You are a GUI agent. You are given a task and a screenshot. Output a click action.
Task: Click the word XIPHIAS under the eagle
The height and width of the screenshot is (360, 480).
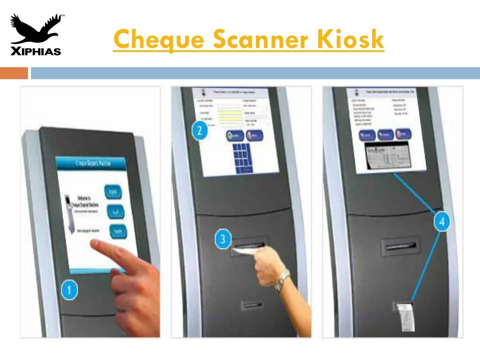tap(36, 51)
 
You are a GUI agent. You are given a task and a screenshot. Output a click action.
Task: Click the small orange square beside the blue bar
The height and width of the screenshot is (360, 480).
tap(14, 73)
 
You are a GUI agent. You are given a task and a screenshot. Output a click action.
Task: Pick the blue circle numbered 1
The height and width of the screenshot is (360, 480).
tap(69, 291)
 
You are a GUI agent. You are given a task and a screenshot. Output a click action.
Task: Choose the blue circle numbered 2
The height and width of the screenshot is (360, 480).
tap(200, 130)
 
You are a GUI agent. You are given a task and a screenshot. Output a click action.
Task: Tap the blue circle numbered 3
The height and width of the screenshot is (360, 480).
tap(223, 240)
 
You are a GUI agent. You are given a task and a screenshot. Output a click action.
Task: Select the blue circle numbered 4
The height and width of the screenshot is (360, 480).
tap(442, 221)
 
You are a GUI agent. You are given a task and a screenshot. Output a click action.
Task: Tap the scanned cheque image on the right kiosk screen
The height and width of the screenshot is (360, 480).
tap(388, 157)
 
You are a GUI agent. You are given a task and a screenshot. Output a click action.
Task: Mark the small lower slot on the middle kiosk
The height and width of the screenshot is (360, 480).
tap(252, 306)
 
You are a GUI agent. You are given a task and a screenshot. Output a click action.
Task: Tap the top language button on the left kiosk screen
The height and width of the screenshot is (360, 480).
tap(115, 191)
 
